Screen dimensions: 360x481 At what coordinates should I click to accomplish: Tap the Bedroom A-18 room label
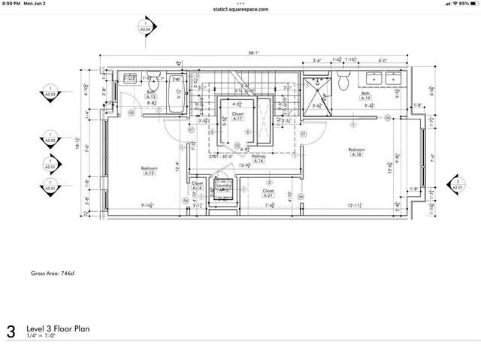click(355, 153)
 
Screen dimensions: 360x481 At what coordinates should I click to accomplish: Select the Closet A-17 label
click(237, 116)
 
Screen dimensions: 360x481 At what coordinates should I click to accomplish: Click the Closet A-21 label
click(268, 193)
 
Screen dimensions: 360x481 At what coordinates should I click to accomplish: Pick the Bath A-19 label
click(366, 96)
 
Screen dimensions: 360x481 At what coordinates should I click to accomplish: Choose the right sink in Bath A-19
click(392, 77)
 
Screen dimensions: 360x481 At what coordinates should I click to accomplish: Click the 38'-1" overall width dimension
click(256, 53)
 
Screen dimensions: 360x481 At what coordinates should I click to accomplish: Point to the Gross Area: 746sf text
click(55, 274)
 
